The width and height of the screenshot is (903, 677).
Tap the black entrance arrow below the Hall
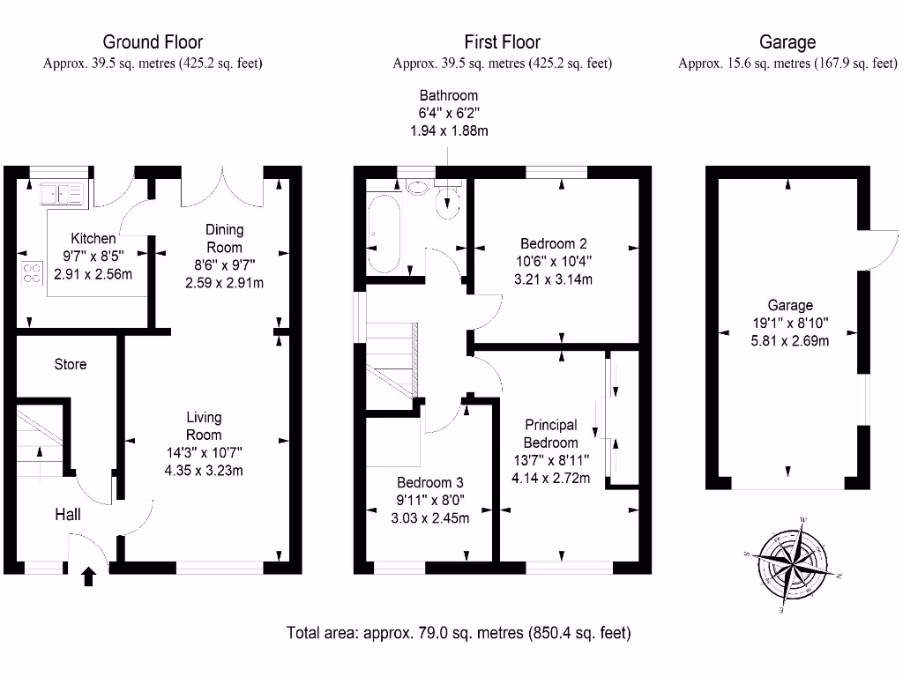click(88, 577)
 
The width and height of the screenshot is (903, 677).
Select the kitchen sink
click(60, 191)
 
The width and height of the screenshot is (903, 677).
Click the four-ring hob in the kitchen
click(32, 273)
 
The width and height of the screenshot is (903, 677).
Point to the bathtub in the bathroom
click(385, 234)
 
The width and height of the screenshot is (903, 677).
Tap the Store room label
click(71, 364)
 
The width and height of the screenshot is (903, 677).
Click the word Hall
click(68, 514)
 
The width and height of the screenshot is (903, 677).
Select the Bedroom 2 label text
click(554, 244)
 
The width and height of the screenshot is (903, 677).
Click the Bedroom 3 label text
click(429, 483)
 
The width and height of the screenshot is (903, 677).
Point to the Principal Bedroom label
click(551, 434)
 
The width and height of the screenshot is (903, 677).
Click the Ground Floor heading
click(153, 41)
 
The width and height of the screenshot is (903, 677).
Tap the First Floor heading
click(502, 41)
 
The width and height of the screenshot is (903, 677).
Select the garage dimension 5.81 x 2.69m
click(789, 341)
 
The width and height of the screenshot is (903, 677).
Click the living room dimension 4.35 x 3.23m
click(204, 470)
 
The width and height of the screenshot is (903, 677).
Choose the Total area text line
click(459, 632)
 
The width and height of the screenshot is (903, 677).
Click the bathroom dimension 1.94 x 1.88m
click(448, 130)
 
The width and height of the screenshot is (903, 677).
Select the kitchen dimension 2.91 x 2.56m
click(93, 274)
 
